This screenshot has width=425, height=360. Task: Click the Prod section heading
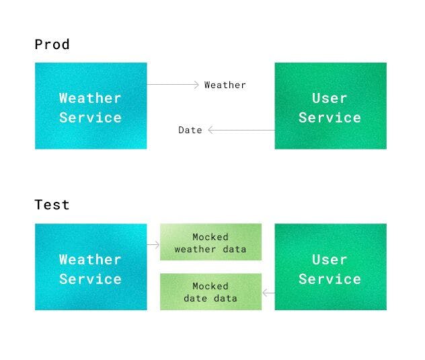(52, 45)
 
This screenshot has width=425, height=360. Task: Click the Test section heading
(52, 205)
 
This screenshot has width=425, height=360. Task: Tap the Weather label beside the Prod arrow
(225, 85)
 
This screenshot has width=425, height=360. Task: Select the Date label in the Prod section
(190, 130)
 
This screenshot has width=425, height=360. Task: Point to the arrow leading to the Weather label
(173, 85)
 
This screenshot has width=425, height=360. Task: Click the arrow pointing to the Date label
(241, 130)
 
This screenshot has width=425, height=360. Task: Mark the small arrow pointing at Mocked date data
(268, 293)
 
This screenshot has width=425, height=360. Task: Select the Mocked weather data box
(210, 242)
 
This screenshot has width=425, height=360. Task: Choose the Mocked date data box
(210, 291)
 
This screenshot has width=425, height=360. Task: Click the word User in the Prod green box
(330, 98)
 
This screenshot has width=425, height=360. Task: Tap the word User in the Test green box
(330, 260)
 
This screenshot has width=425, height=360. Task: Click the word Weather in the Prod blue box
(90, 98)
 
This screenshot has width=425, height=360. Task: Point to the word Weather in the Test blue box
(90, 260)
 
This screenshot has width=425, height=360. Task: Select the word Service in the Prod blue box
(90, 118)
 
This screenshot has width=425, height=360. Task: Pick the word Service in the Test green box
(330, 279)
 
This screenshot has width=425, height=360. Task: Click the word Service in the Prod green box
(330, 118)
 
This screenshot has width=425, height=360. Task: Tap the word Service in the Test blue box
(90, 279)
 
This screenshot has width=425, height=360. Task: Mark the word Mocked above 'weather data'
(210, 237)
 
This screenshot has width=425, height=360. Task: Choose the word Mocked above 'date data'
(210, 286)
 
